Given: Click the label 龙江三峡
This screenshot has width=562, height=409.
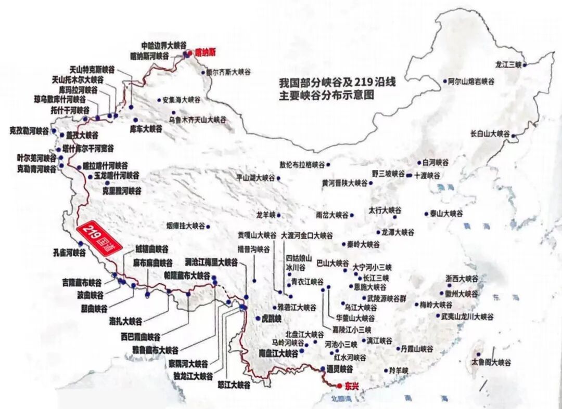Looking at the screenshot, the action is pos(508,64).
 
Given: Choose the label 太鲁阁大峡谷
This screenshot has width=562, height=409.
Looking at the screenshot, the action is pos(491,362).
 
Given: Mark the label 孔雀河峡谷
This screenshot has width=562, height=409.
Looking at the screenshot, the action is pos(69,253).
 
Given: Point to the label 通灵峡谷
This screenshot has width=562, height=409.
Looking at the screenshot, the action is pos(340,368).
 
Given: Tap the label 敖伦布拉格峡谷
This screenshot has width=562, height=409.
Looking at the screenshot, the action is pos(302,165).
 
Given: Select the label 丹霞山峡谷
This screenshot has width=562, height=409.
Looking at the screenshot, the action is pos(414,349).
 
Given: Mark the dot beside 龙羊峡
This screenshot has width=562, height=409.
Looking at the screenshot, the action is pos(279,215).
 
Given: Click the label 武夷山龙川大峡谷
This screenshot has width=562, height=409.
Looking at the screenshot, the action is pos(467,316).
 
